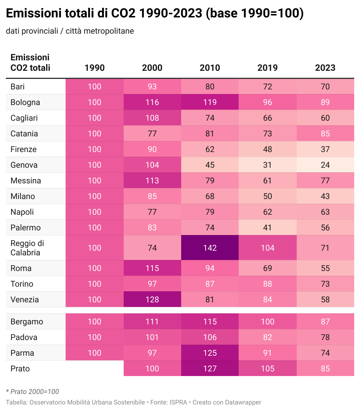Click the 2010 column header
[x=210, y=68]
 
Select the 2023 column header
[x=325, y=68]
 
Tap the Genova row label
[x=24, y=165]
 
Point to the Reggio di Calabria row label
[x=27, y=248]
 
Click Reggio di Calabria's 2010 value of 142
[x=210, y=248]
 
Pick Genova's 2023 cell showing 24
[x=325, y=165]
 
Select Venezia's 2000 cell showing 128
[x=152, y=299]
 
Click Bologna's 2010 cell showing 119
[x=210, y=102]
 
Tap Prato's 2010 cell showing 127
[x=210, y=368]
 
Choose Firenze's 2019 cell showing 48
[x=267, y=149]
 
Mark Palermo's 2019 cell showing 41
[x=267, y=228]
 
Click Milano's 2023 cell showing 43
[x=325, y=196]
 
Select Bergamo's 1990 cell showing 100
[x=95, y=321]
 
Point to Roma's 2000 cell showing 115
[x=152, y=268]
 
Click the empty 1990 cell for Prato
[x=95, y=368]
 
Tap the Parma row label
[x=22, y=353]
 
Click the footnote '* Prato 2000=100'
[x=33, y=392]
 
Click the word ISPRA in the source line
[x=178, y=402]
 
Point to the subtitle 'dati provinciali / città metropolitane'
[x=70, y=31]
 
